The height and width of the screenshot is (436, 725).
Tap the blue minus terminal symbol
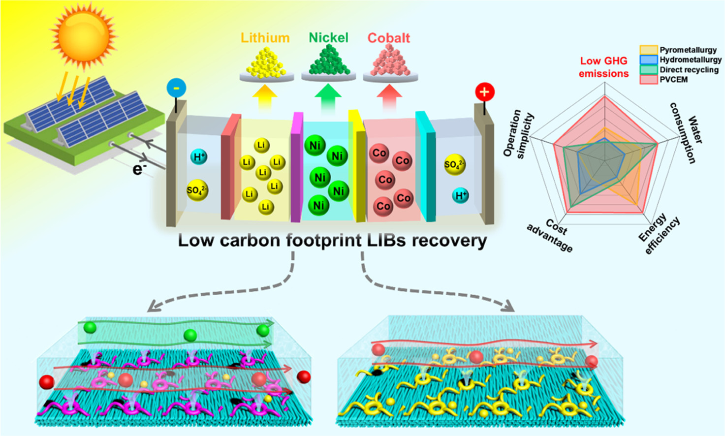pos(176,88)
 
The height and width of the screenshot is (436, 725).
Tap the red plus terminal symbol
pos(484,92)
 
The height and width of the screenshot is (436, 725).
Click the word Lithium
pos(265,38)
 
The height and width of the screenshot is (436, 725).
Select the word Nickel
pos(328,38)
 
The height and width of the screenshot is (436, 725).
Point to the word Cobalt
pos(389,38)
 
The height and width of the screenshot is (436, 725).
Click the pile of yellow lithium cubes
pos(266,62)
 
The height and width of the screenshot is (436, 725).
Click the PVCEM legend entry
pos(673,79)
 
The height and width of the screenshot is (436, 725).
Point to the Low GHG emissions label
pos(603,67)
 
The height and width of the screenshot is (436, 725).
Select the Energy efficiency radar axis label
pos(660,234)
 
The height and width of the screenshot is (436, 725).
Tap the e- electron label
pos(139,169)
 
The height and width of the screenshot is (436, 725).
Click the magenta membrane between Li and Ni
pos(296,167)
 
